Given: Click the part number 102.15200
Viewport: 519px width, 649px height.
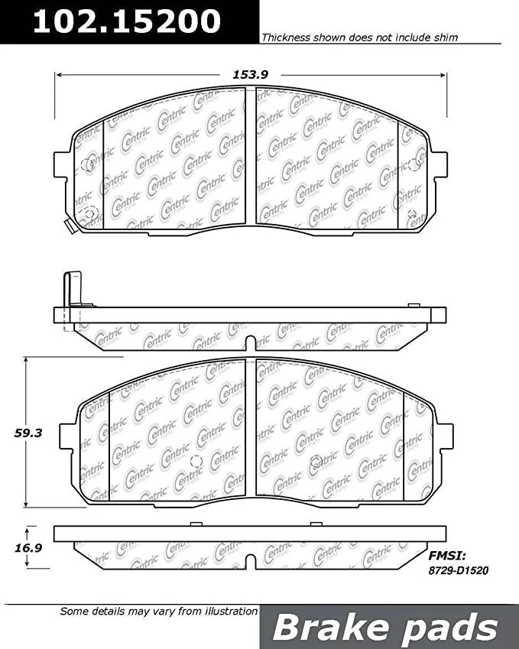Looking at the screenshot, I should pyautogui.click(x=127, y=21).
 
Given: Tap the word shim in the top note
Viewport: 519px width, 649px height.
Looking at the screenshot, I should pyautogui.click(x=446, y=37).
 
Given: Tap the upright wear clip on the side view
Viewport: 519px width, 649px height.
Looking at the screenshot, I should pyautogui.click(x=73, y=290).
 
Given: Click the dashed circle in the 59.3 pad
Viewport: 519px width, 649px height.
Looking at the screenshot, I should pyautogui.click(x=195, y=461).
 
